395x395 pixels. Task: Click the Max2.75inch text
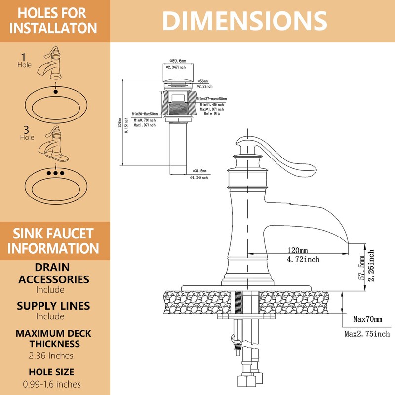coord(367,334)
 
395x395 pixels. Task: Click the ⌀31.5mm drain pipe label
coord(198,171)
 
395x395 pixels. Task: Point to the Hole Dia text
coord(211,114)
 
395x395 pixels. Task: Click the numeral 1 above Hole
coord(24,57)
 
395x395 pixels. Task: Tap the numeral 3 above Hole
coord(26,130)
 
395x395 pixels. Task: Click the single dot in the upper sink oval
coord(56,91)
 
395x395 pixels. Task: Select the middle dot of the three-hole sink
coord(56,173)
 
